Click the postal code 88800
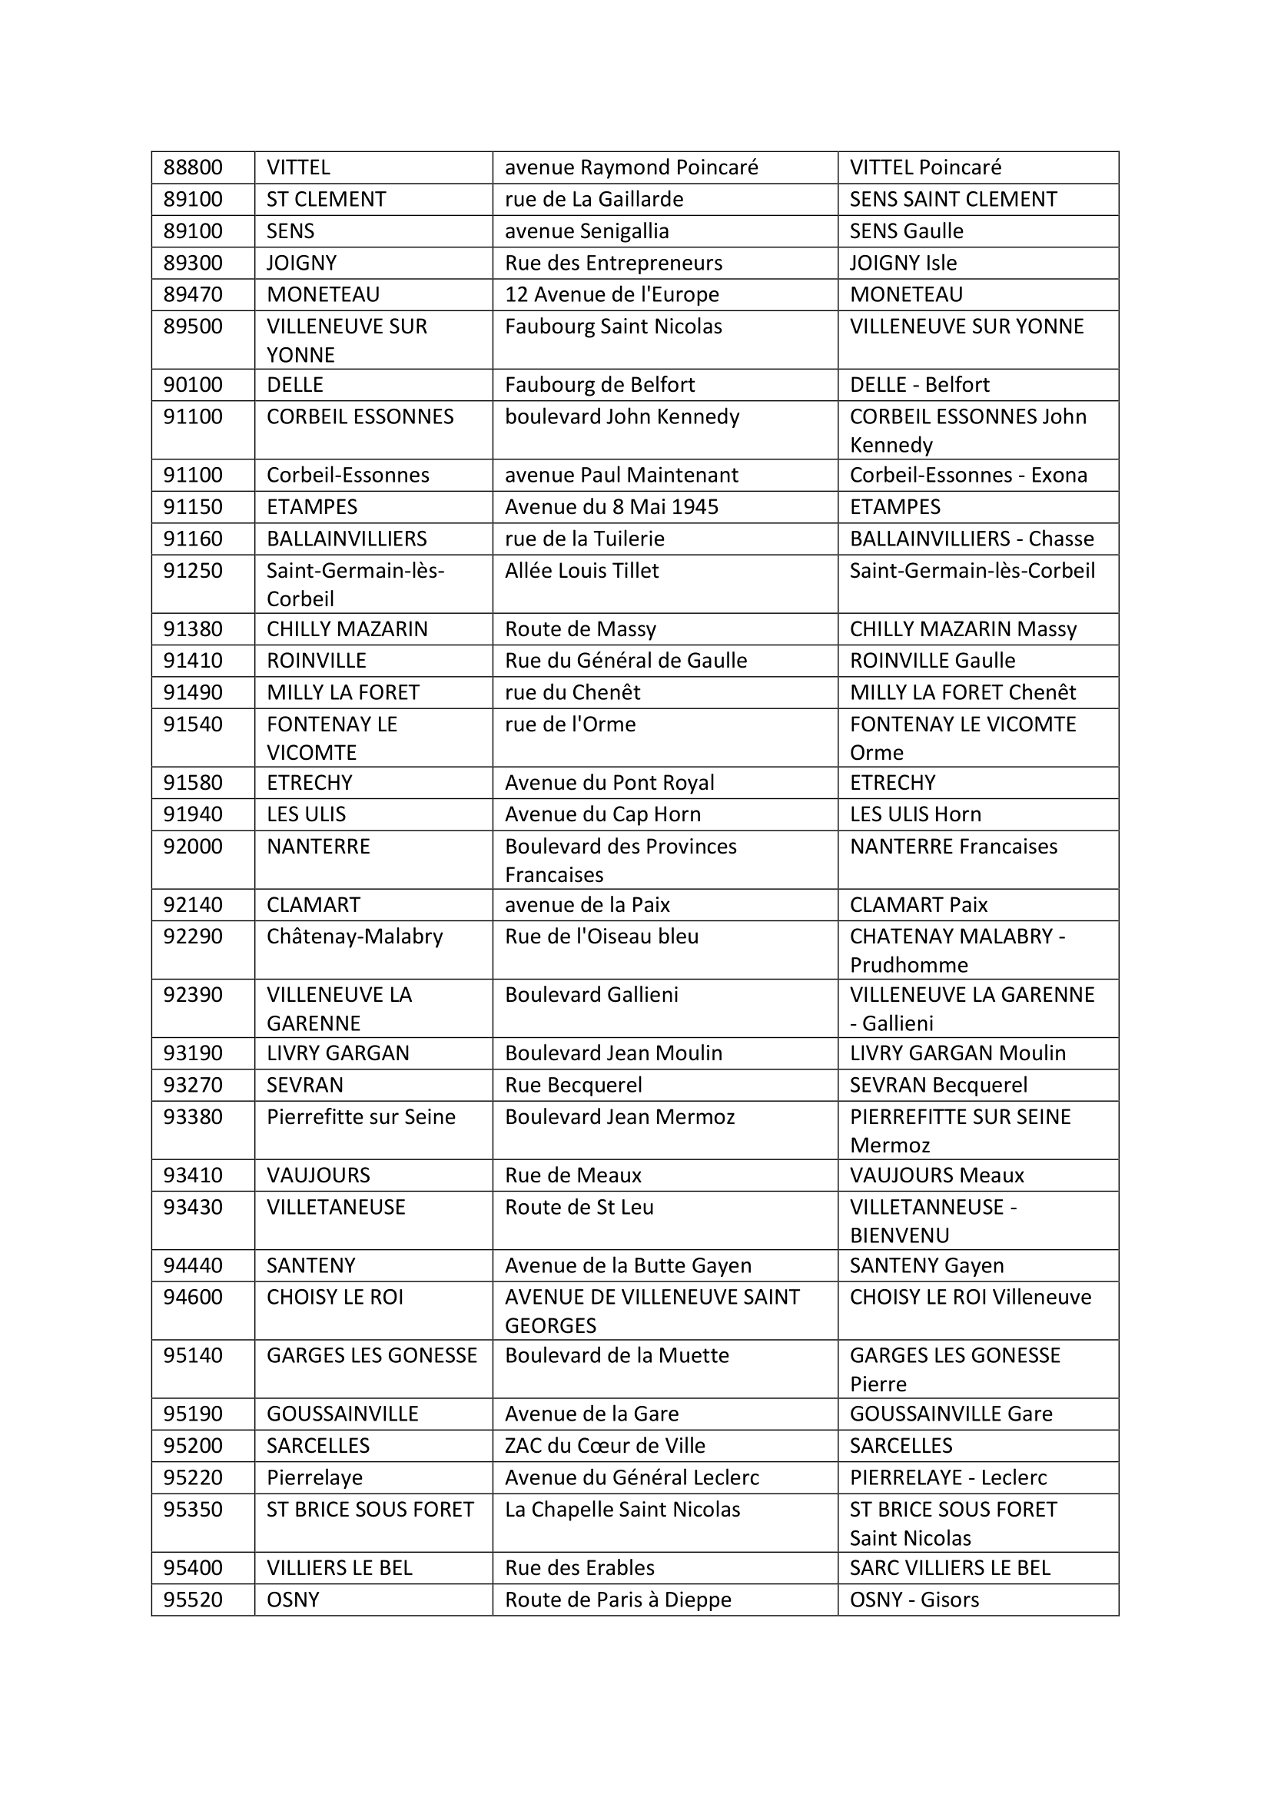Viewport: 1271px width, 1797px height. point(193,167)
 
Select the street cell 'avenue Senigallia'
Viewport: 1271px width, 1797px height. point(586,231)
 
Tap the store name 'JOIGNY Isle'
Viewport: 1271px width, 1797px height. point(902,263)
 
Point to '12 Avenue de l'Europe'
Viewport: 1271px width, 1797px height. point(611,294)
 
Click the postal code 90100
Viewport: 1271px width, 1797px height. point(193,385)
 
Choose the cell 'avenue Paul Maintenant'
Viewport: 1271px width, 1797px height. point(621,475)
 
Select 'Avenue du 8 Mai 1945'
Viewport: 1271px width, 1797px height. point(611,507)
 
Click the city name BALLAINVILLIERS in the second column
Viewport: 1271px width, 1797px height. point(347,539)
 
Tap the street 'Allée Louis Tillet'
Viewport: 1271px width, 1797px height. point(582,571)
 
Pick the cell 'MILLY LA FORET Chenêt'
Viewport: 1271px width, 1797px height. point(962,693)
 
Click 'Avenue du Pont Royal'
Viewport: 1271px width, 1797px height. point(609,783)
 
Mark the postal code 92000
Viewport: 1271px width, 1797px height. point(193,846)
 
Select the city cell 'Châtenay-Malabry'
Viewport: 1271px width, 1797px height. point(354,936)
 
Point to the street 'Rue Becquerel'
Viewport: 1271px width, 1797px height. point(573,1085)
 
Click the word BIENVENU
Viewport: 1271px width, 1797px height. point(899,1235)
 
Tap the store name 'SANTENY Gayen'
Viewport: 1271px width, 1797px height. point(926,1265)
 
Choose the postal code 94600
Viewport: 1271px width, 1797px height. point(193,1297)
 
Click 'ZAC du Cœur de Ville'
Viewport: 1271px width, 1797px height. point(604,1446)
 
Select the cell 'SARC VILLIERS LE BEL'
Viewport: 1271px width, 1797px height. point(949,1568)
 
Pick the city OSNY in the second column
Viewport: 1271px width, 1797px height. point(293,1600)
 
